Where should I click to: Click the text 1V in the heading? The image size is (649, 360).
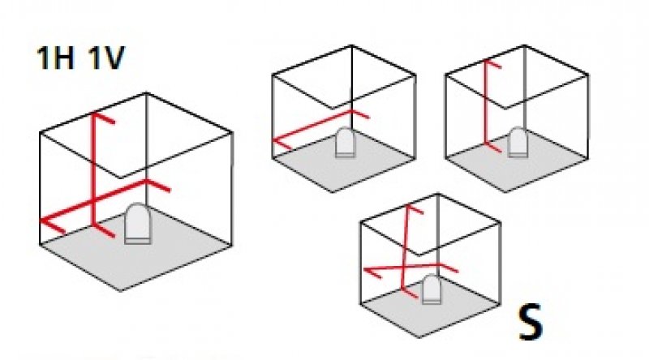coord(104,60)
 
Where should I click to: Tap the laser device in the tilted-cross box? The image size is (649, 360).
coord(432,288)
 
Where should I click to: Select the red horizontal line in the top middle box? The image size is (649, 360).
coord(320,126)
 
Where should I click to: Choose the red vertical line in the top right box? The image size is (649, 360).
coord(486,105)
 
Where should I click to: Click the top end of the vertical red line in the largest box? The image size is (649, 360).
coord(94,116)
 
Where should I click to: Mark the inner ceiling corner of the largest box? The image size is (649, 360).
coord(122,178)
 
